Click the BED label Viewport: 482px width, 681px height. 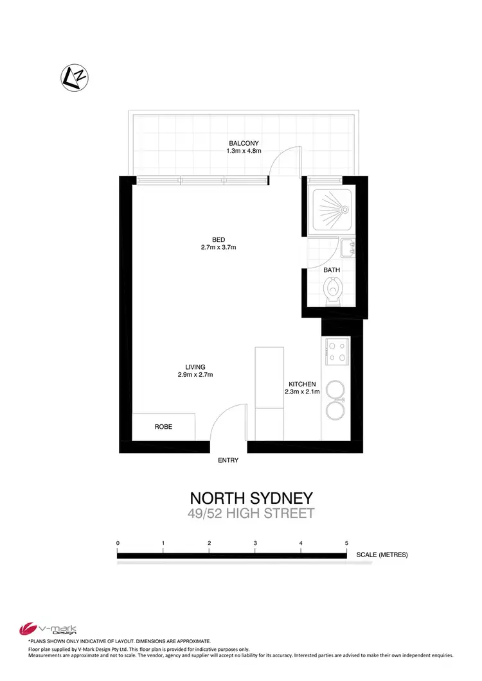[x=219, y=239]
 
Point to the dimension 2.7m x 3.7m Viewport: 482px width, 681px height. [x=219, y=248]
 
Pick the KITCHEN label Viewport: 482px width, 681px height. [x=302, y=384]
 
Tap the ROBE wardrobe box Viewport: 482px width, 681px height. [x=163, y=427]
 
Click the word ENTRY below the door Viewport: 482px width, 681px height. [x=228, y=460]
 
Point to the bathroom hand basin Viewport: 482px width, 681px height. [x=346, y=247]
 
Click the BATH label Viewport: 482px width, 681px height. [x=332, y=270]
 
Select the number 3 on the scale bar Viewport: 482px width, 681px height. [x=255, y=544]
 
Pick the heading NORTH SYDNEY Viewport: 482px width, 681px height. [x=251, y=498]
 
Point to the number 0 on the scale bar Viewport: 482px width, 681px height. [x=118, y=544]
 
